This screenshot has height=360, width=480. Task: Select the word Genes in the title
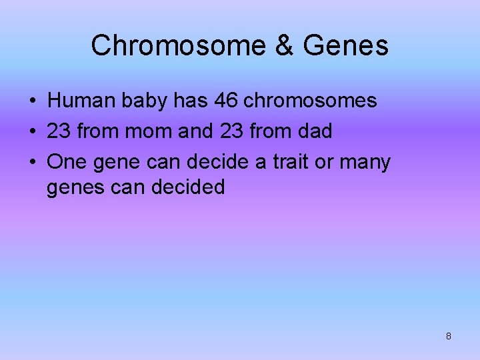(x=345, y=46)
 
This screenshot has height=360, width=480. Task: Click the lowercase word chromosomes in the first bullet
(x=311, y=101)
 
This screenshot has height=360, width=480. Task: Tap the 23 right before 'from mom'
(x=59, y=131)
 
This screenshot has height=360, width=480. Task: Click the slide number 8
(x=448, y=336)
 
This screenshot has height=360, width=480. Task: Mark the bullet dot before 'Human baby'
(x=32, y=101)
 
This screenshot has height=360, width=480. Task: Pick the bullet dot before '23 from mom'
(x=32, y=132)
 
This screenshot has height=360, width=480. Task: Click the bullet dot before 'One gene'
(x=32, y=163)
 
